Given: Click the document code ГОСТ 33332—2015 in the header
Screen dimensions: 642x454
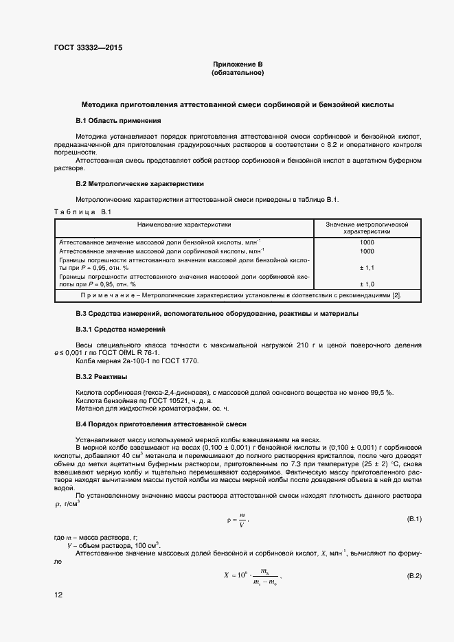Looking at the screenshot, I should coord(89,48).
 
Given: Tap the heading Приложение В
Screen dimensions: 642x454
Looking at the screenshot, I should coord(238,65).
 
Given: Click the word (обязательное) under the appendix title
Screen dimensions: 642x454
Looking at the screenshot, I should coord(238,73).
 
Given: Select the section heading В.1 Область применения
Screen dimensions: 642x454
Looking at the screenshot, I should coord(113,121).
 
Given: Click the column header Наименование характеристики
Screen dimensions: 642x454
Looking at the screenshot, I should coord(184,225).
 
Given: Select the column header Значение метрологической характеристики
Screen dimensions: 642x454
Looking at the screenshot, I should coord(367,228).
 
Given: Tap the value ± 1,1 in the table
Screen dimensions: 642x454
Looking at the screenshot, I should coord(367,268).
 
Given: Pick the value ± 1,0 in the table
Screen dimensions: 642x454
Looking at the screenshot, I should coord(367,284).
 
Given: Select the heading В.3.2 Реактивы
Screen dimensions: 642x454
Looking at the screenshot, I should coord(101,377).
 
